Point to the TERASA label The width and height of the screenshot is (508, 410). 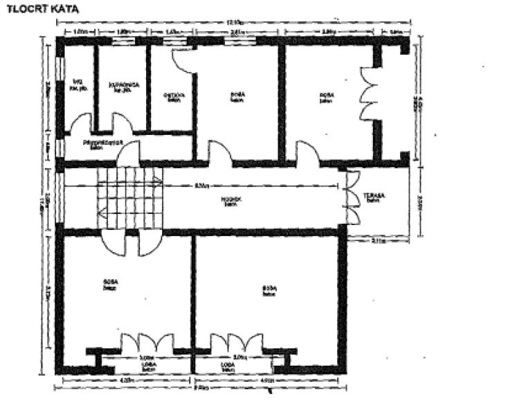pyautogui.click(x=374, y=199)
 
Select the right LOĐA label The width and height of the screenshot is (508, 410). pyautogui.click(x=226, y=366)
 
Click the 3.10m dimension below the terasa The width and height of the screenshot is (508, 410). pyautogui.click(x=379, y=241)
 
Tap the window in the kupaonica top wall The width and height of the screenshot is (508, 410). pyautogui.click(x=124, y=40)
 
